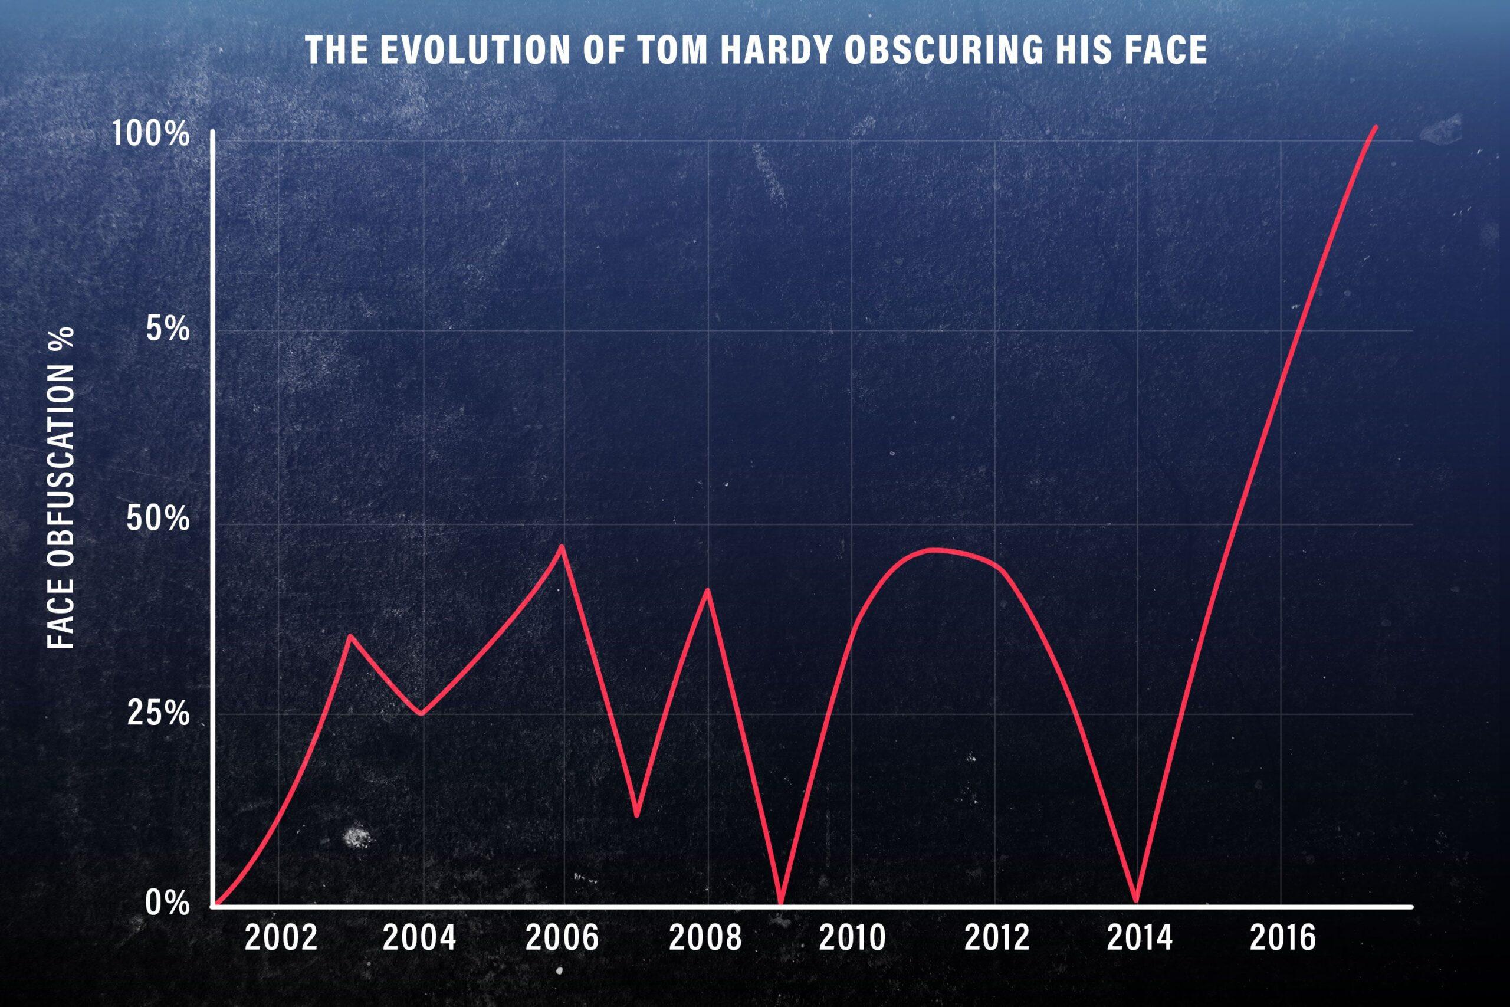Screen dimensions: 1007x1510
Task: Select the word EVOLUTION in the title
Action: [474, 51]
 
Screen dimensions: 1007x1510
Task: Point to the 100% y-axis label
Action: [151, 136]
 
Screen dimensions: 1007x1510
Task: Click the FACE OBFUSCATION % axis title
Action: [63, 488]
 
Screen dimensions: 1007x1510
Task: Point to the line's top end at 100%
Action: [1375, 128]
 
